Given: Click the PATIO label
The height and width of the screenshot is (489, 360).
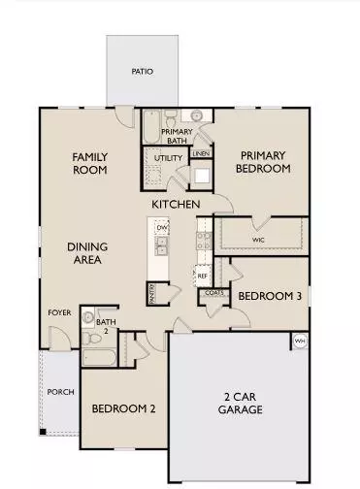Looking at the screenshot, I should pyautogui.click(x=143, y=72).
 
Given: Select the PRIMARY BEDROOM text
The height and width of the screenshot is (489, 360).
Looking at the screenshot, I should pyautogui.click(x=264, y=161).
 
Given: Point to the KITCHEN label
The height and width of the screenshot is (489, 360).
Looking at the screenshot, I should pyautogui.click(x=176, y=204).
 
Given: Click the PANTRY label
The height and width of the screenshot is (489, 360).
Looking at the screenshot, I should pyautogui.click(x=152, y=288).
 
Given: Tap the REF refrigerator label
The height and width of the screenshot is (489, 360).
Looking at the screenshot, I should pyautogui.click(x=203, y=276).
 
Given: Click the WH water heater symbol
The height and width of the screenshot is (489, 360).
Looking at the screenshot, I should pyautogui.click(x=299, y=342).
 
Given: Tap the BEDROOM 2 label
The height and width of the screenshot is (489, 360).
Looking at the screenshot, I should pyautogui.click(x=123, y=409).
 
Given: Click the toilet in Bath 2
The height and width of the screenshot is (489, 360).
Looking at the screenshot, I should pyautogui.click(x=89, y=317).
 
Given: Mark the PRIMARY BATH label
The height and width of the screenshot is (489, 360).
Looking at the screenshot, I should pyautogui.click(x=177, y=135).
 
